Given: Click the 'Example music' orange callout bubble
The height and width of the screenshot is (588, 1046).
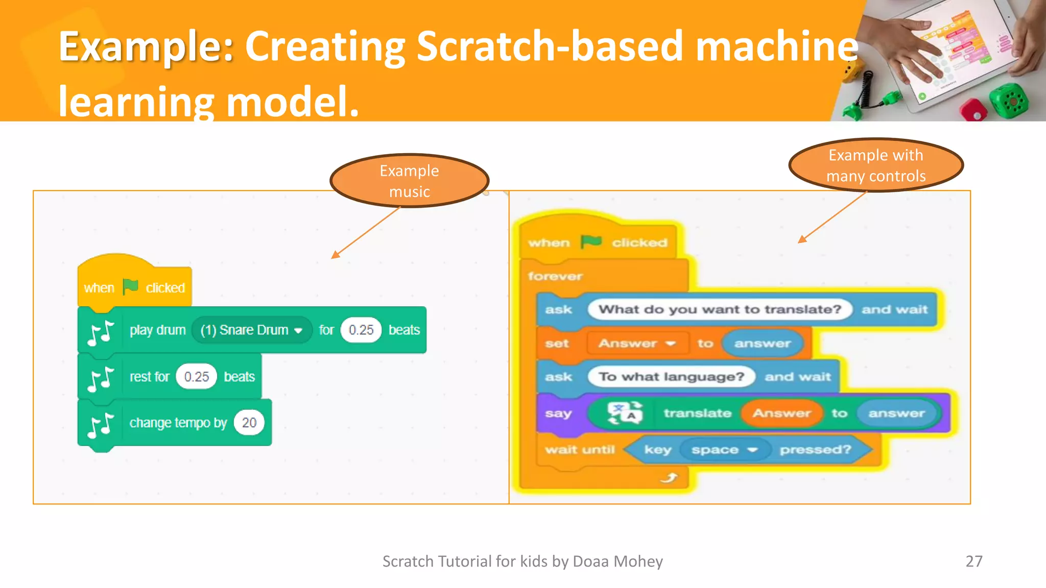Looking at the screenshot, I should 409,181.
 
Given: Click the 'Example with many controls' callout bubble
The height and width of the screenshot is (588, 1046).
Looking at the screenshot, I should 876,165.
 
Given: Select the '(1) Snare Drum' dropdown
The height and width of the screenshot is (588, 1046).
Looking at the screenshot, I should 251,330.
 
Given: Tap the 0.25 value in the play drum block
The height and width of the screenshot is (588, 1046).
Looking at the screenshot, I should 361,330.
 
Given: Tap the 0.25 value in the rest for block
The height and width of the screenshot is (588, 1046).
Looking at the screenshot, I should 197,377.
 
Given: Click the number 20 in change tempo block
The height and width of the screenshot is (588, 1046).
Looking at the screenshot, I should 249,423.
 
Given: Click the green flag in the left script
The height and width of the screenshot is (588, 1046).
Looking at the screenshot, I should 131,287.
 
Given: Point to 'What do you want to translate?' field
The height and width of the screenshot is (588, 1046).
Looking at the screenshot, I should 720,309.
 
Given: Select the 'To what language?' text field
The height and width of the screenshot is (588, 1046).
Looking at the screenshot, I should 671,377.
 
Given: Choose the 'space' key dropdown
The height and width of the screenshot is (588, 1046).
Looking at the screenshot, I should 724,450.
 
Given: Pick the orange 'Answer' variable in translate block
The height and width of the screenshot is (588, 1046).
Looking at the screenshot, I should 781,413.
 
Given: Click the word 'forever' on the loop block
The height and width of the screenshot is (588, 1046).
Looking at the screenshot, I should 555,276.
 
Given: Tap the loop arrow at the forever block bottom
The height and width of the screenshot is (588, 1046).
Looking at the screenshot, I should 669,478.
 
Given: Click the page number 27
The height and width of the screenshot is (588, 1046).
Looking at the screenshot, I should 973,561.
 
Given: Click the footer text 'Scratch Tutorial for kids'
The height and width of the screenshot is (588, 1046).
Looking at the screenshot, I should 522,561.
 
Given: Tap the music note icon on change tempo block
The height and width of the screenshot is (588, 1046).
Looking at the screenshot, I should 100,425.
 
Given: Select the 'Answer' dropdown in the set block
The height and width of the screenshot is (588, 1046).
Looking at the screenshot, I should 637,344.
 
